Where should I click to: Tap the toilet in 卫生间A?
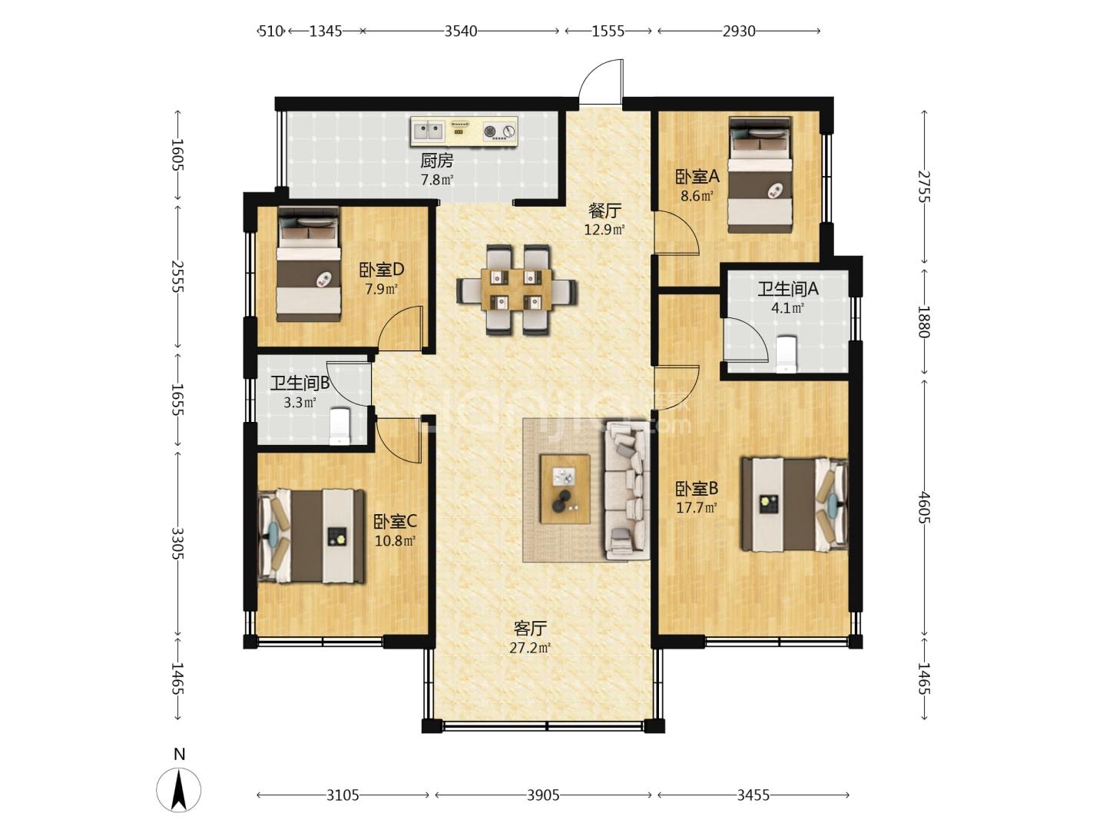(786, 354)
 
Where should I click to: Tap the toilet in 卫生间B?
(339, 426)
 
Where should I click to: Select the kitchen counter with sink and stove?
(464, 132)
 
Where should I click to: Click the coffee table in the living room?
(565, 489)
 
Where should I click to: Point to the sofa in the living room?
(626, 490)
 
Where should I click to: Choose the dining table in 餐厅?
(517, 290)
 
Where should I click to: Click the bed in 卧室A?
(760, 175)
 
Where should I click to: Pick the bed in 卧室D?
(308, 264)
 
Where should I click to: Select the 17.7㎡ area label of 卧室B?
(696, 507)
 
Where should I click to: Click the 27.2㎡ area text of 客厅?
(529, 648)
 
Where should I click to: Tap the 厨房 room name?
(436, 161)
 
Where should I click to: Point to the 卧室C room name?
(395, 522)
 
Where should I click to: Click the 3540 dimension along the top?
(461, 32)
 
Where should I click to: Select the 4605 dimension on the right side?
(923, 507)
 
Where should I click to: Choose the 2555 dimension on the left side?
(177, 276)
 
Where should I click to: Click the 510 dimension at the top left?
(270, 32)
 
